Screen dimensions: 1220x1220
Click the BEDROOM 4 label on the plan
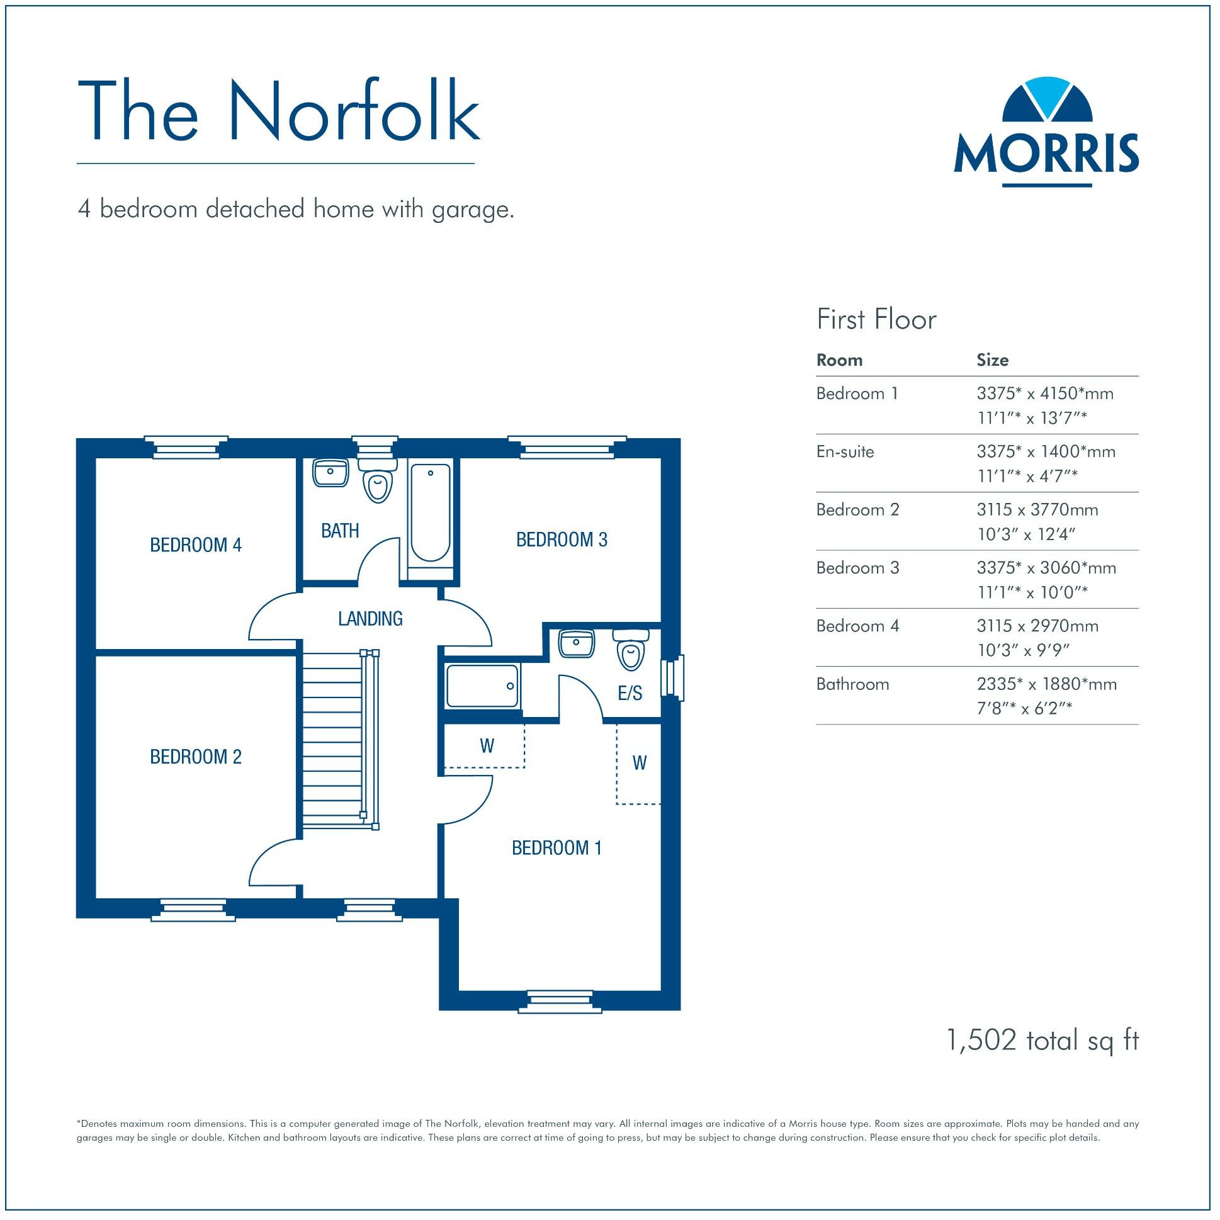tap(196, 545)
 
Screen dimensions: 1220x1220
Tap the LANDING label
tap(370, 619)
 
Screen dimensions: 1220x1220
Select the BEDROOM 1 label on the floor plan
tap(556, 848)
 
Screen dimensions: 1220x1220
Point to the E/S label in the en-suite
tap(630, 694)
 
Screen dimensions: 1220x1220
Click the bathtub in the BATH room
tap(431, 513)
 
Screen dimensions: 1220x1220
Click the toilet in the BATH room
tap(377, 481)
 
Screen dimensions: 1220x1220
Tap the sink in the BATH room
tap(330, 472)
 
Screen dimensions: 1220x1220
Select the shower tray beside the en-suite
tap(483, 686)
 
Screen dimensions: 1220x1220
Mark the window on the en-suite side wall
tap(673, 678)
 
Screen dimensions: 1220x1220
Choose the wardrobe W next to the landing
tap(485, 747)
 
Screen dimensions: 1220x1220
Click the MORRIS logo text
tap(1046, 154)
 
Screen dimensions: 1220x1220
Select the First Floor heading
tap(876, 320)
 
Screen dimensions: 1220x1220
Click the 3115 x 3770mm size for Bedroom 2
tap(1037, 511)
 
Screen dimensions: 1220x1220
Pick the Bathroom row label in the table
tap(852, 684)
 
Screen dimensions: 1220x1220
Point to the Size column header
tap(992, 361)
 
